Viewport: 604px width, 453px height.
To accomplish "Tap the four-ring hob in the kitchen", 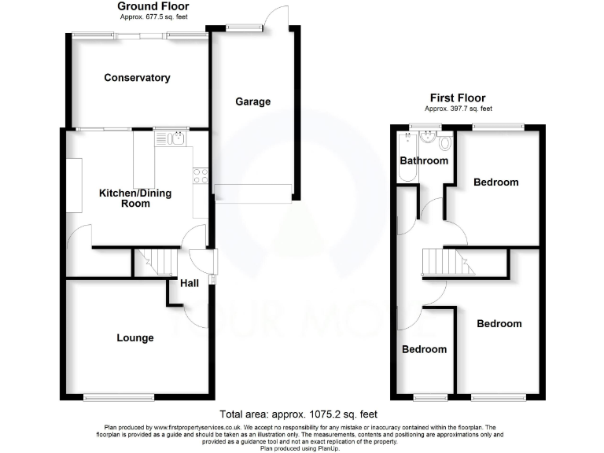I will [x=201, y=176].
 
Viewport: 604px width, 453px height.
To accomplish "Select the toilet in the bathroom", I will [x=445, y=142].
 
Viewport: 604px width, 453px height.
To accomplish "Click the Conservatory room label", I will [x=137, y=78].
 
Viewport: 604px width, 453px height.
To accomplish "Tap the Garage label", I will [x=253, y=101].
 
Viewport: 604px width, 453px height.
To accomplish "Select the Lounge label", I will [x=135, y=338].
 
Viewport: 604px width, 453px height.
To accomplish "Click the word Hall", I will [x=190, y=284].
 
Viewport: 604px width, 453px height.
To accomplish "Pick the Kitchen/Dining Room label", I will [x=134, y=198].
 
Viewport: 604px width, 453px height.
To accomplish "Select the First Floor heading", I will [x=459, y=100].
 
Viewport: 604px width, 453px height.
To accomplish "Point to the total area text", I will [x=302, y=414].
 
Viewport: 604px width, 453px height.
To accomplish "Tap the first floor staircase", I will [x=448, y=261].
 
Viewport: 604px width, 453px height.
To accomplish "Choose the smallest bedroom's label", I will [x=424, y=350].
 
